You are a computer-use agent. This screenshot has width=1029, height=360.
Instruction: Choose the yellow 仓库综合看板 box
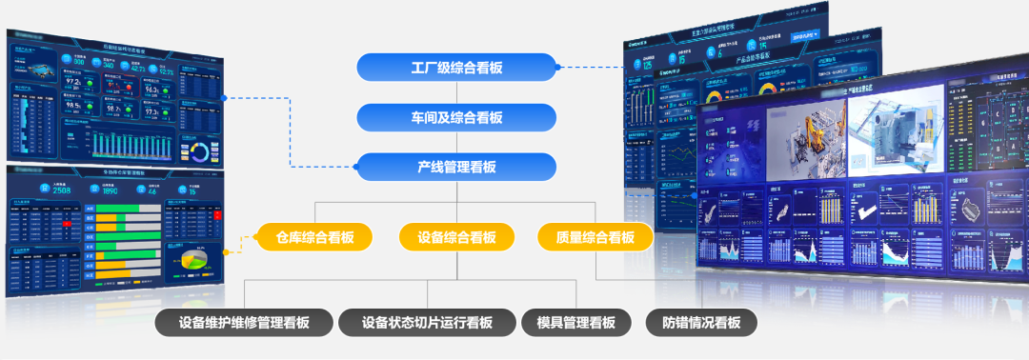[x=314, y=237]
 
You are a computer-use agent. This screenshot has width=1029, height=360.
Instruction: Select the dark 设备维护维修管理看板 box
[x=244, y=322]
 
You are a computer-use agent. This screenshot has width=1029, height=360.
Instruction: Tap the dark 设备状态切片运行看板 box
[x=427, y=322]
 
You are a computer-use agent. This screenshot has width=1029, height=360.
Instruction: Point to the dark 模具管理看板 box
[x=576, y=322]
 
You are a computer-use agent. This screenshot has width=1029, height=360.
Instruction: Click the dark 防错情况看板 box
[x=701, y=322]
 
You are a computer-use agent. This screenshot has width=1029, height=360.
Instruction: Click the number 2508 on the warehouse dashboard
[x=61, y=190]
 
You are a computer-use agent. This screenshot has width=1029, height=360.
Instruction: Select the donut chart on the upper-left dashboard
[x=200, y=152]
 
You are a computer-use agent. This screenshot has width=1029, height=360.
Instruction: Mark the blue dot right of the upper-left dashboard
[x=223, y=97]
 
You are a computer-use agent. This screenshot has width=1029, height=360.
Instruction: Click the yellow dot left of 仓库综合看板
[x=226, y=251]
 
